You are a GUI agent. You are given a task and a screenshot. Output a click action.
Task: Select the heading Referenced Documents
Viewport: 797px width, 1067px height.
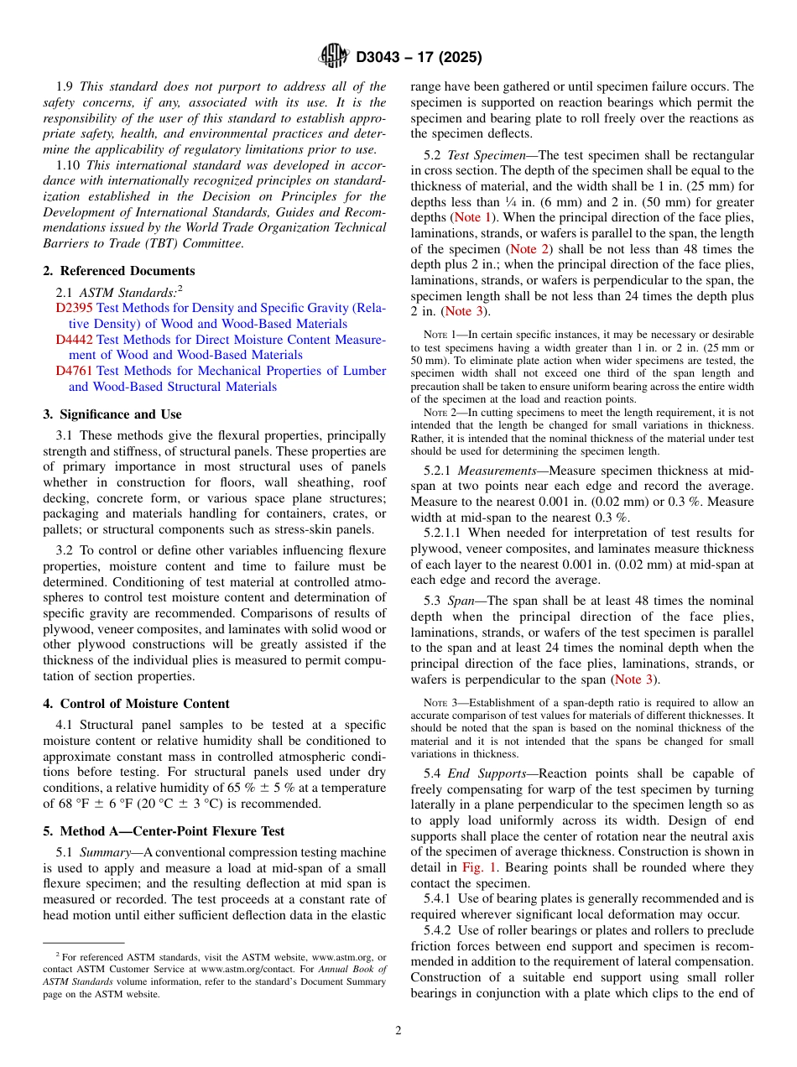pos(127,271)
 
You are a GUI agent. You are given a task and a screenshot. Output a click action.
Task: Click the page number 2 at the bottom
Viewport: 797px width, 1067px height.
pos(398,1031)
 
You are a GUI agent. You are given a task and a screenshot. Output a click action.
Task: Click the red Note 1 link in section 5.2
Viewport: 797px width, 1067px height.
pos(473,218)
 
